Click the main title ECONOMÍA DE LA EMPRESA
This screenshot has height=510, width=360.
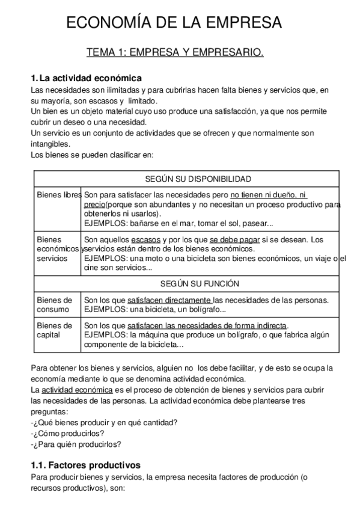point(174,23)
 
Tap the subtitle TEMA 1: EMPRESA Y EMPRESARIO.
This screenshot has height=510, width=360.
point(175,54)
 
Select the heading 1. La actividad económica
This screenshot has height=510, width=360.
point(86,78)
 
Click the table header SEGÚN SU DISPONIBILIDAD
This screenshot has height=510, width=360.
point(190,179)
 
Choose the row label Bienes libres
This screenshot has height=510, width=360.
point(58,195)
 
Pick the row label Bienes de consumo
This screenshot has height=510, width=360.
point(55,305)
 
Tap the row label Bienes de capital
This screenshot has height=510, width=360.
point(55,331)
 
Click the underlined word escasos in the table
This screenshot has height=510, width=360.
point(145,239)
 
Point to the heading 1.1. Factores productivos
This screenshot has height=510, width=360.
point(85,465)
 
